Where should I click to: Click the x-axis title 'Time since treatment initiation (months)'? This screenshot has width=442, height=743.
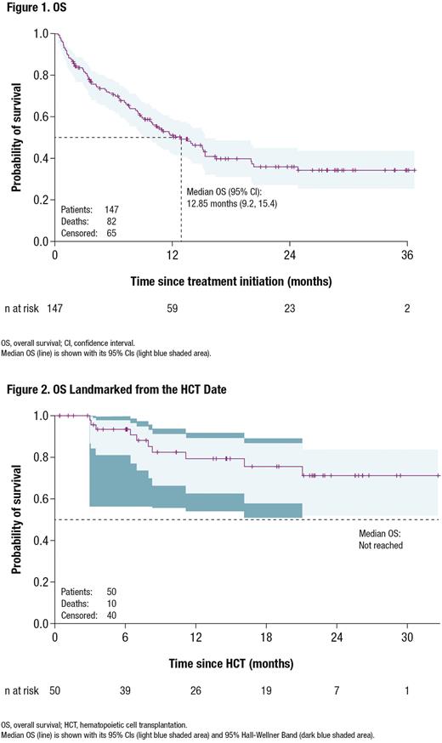coord(231,280)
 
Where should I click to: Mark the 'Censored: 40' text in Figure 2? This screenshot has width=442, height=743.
coord(89,615)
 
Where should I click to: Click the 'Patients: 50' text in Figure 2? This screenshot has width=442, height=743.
coord(89,590)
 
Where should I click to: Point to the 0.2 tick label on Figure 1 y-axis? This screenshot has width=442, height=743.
coord(41,200)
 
